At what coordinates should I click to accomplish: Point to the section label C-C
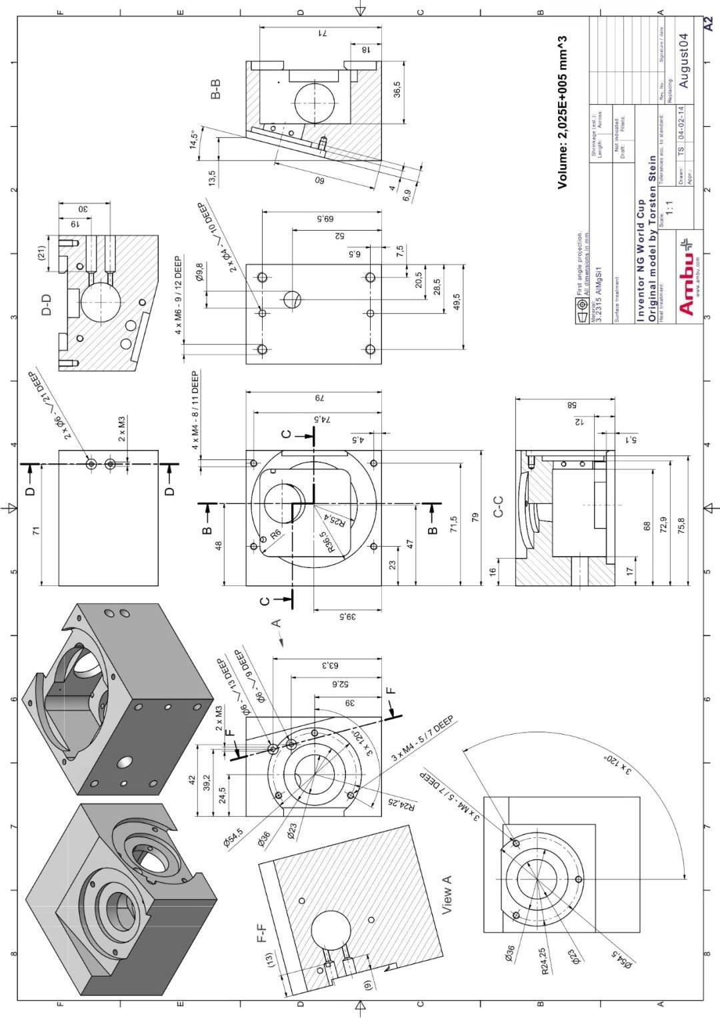tap(498, 506)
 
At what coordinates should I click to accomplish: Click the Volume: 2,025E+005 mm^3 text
tap(563, 112)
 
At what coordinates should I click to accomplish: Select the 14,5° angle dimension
tap(195, 140)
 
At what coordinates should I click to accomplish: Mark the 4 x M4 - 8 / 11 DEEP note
tap(196, 409)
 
